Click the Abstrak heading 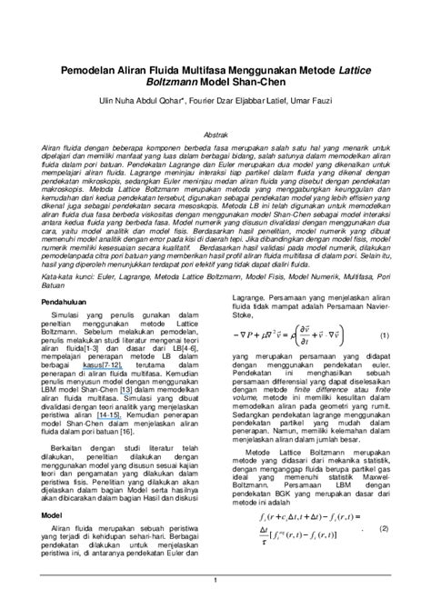click(215, 133)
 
